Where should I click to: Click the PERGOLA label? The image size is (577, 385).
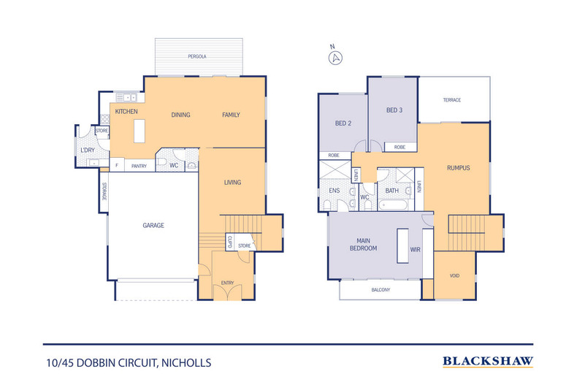(x=197, y=56)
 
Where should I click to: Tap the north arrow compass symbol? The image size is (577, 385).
(x=335, y=58)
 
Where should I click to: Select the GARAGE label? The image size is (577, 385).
(x=153, y=225)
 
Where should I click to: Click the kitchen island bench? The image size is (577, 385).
(x=139, y=131)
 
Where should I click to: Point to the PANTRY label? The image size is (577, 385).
(x=139, y=166)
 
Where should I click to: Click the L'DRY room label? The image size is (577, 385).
(x=88, y=150)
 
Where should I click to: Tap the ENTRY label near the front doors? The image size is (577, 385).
(x=227, y=283)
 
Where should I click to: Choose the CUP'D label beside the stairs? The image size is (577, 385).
(x=229, y=242)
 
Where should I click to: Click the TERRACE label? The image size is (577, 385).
(x=452, y=100)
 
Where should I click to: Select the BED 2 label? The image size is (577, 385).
(x=343, y=123)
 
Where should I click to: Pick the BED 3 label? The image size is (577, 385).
(x=394, y=110)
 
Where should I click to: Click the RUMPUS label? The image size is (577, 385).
(x=458, y=168)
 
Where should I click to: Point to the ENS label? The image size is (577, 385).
(x=334, y=190)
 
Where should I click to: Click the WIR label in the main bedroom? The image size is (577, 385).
(x=415, y=250)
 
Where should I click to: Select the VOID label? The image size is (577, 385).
(x=454, y=275)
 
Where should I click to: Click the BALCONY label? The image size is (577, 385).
(x=381, y=290)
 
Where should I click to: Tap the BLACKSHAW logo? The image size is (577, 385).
(x=488, y=362)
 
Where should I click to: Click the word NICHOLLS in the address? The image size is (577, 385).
(x=186, y=363)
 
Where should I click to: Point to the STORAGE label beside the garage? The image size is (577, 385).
(x=104, y=191)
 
